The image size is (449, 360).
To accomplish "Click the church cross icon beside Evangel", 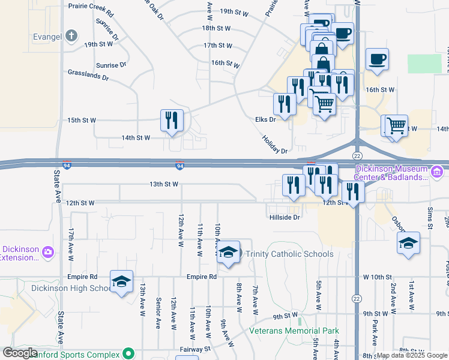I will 71,35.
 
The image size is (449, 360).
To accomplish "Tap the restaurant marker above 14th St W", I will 172,120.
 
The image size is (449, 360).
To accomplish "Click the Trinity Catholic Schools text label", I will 289,254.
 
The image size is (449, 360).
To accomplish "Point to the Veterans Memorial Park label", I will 295,331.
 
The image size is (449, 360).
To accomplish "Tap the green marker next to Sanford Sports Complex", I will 127,354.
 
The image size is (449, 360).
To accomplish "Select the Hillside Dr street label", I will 284,217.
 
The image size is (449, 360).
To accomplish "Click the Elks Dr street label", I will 265,119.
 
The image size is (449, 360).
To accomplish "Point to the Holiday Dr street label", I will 275,143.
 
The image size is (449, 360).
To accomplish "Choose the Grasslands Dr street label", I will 88,77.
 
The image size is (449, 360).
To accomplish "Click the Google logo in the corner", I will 20,353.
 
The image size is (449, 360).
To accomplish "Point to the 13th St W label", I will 163,184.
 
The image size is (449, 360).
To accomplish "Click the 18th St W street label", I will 216,28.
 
